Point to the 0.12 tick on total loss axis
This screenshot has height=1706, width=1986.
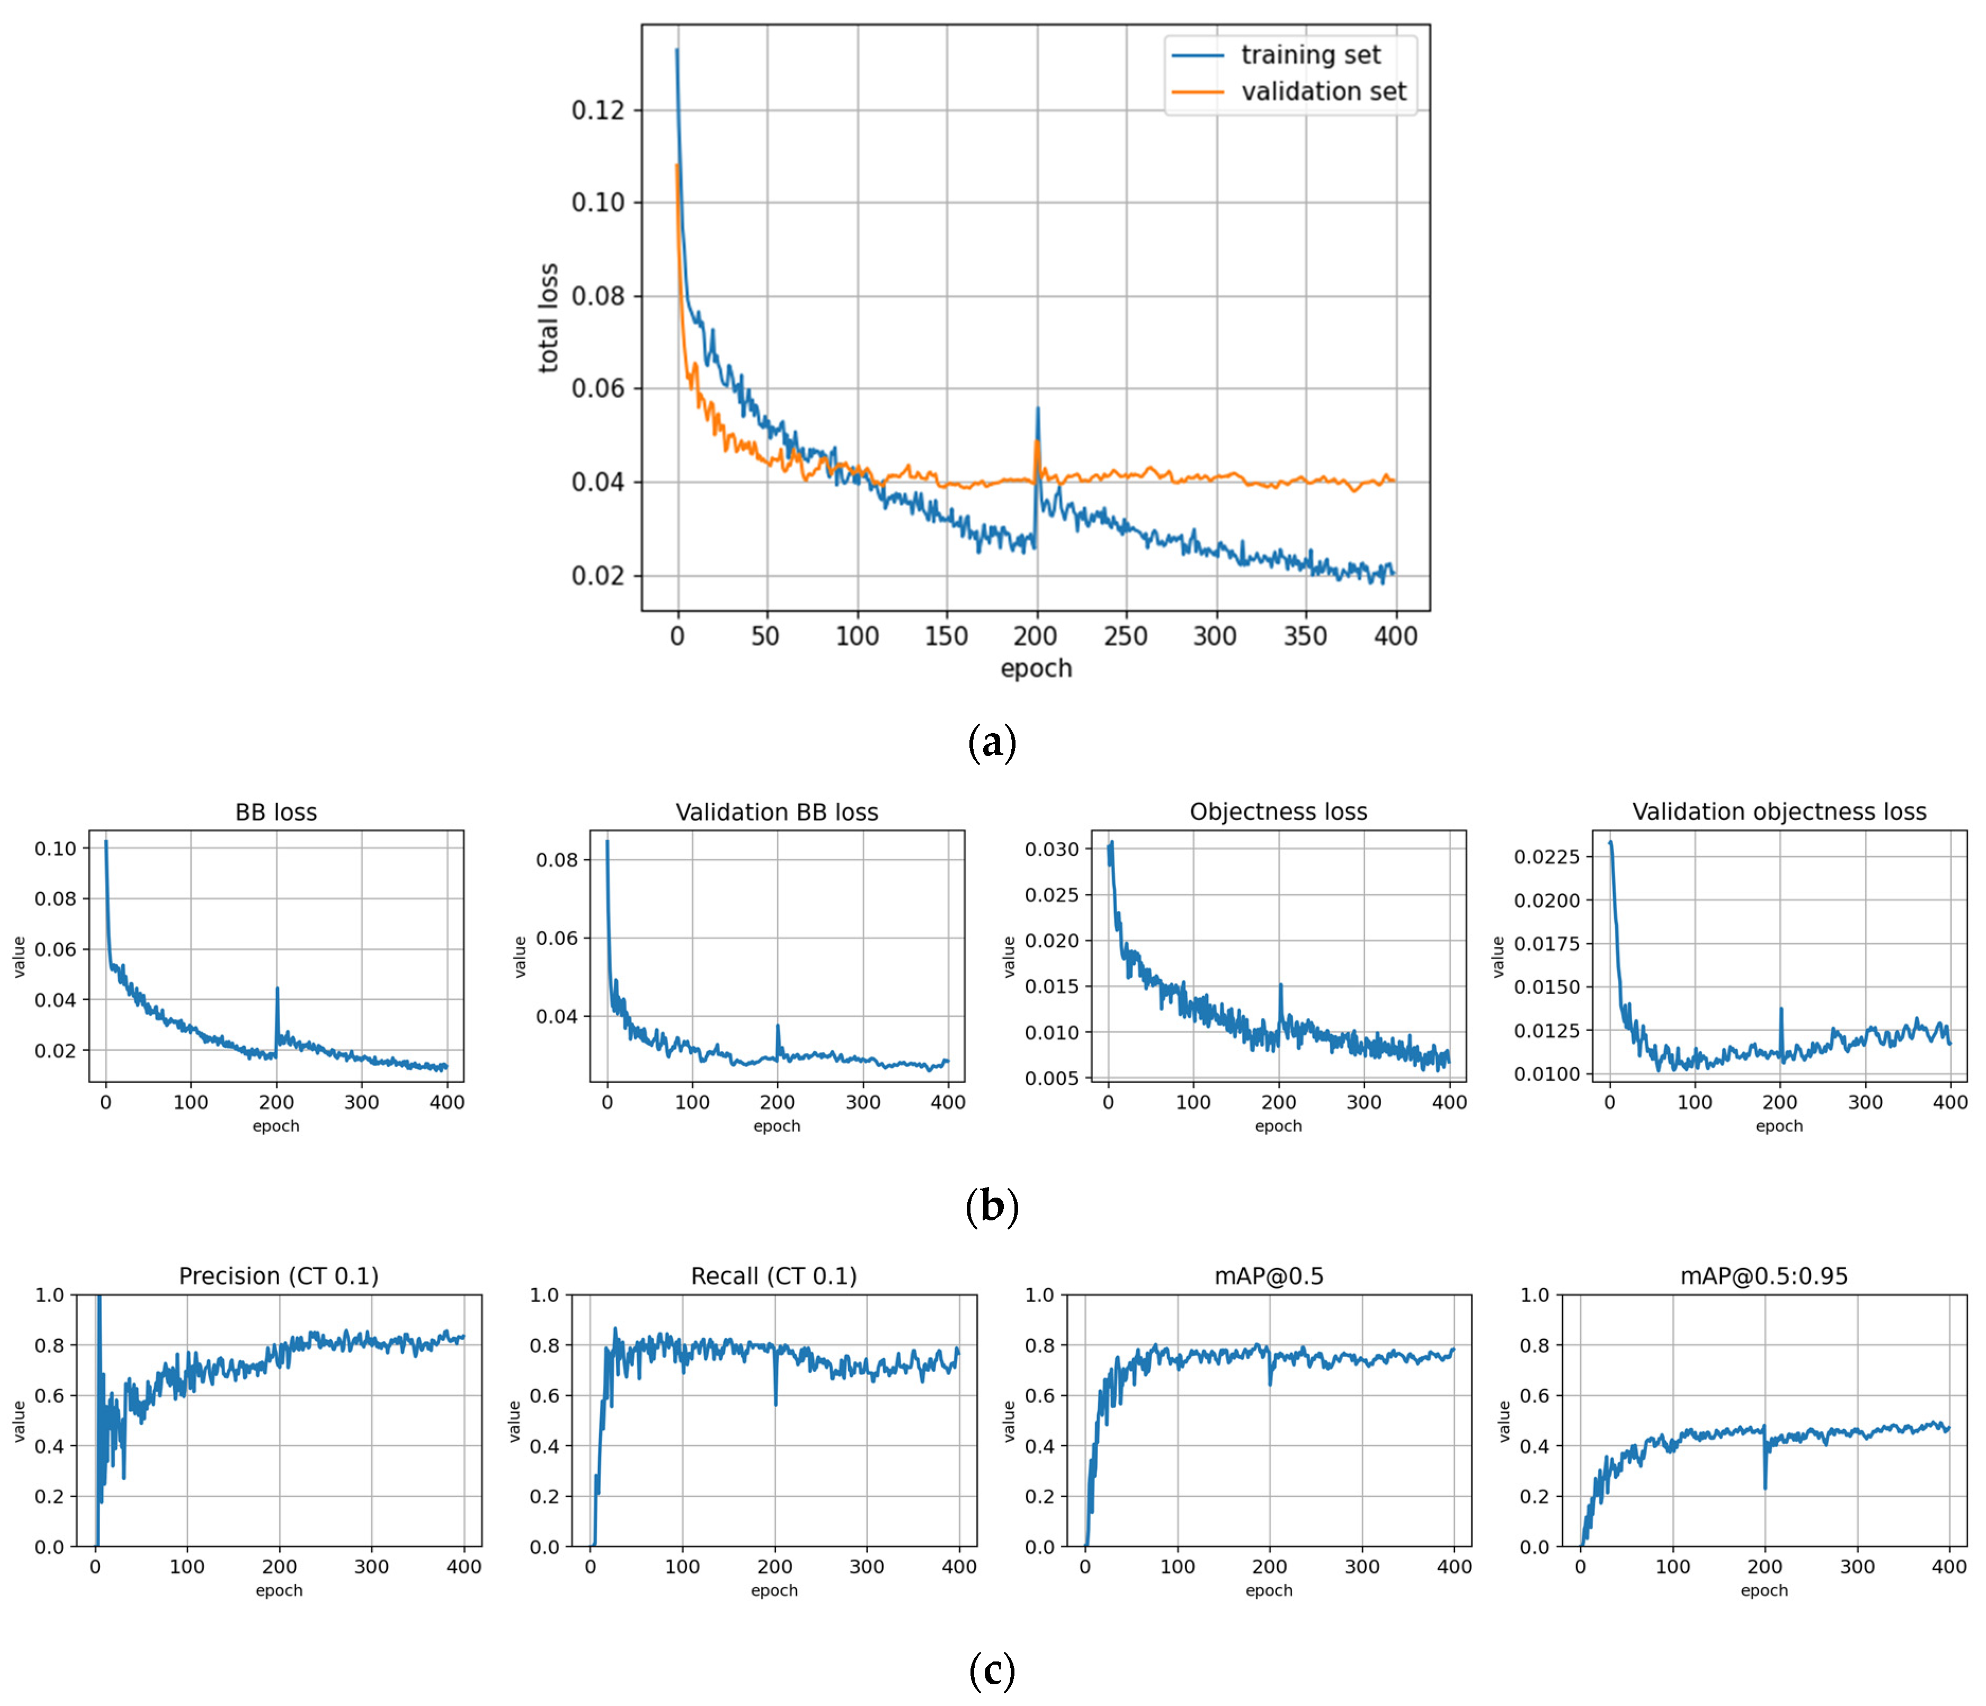tap(597, 110)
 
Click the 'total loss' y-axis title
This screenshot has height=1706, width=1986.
tap(548, 318)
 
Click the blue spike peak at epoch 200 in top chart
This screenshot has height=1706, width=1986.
tap(1037, 409)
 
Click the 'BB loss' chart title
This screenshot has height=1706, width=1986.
tap(276, 812)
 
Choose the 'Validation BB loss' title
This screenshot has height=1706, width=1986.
tap(777, 812)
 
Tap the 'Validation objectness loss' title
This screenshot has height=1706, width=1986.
tap(1779, 812)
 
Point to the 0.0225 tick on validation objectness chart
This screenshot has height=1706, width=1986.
tap(1546, 856)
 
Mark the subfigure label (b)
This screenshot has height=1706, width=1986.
tap(992, 1207)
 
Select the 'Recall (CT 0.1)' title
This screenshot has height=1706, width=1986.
tap(773, 1277)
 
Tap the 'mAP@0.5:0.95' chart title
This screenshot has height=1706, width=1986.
tap(1764, 1277)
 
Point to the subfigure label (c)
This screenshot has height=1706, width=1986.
tap(992, 1672)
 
